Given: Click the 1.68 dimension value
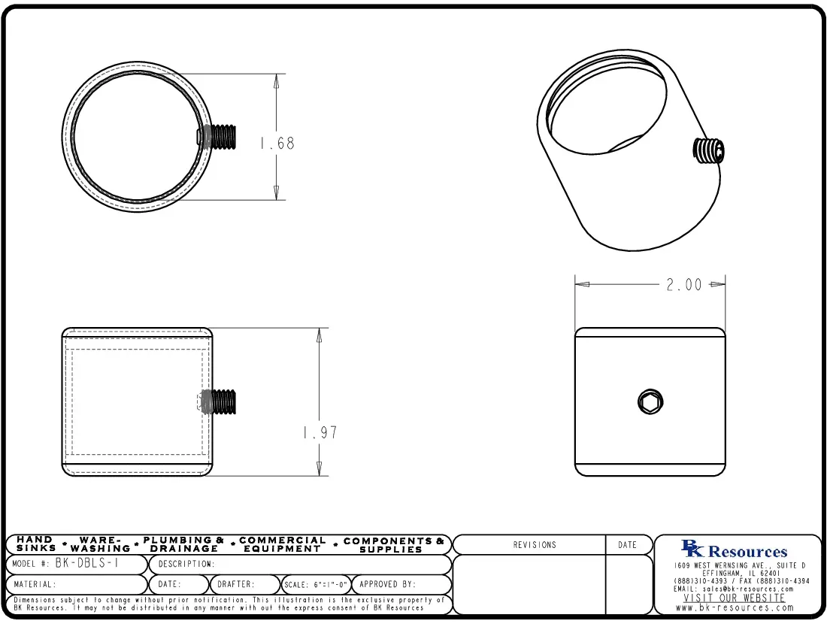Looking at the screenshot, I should [x=277, y=143].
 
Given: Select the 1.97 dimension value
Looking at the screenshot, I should [x=320, y=433].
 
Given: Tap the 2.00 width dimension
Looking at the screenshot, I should [x=684, y=285].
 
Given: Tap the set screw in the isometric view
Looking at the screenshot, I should [x=708, y=152].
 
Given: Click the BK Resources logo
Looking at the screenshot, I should [x=734, y=550].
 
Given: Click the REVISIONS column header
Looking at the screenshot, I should [x=535, y=545].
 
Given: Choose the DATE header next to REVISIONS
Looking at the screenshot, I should [x=627, y=545].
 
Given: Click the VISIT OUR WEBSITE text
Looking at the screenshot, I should [x=734, y=598].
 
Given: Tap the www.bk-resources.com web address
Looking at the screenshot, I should [x=735, y=607].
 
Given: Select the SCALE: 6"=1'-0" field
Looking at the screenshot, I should [x=316, y=584].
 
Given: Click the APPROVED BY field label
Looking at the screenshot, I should [x=387, y=584].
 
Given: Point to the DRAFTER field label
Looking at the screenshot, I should [x=236, y=584].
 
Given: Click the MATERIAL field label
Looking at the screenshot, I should [x=35, y=584].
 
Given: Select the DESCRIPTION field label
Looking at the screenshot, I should [x=186, y=564].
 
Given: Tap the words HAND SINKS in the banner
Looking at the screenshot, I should [x=35, y=544].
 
